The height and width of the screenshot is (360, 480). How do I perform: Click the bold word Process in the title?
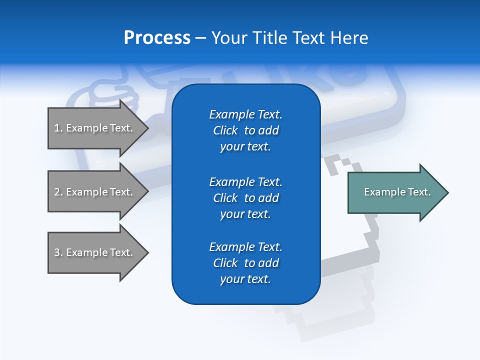[157, 38]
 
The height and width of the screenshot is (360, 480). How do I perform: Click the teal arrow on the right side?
[395, 192]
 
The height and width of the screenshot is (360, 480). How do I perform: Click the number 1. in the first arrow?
[58, 128]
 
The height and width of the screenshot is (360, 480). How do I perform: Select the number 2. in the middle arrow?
[58, 192]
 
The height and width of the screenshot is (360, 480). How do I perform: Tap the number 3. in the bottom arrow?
[58, 252]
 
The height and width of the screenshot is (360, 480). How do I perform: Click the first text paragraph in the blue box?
[245, 130]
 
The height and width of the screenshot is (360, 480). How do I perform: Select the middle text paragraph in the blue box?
[245, 198]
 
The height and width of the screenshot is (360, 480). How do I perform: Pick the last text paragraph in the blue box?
[245, 263]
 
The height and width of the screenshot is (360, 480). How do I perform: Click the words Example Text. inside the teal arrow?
[397, 192]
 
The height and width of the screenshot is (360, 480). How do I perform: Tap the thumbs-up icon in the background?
[107, 92]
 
